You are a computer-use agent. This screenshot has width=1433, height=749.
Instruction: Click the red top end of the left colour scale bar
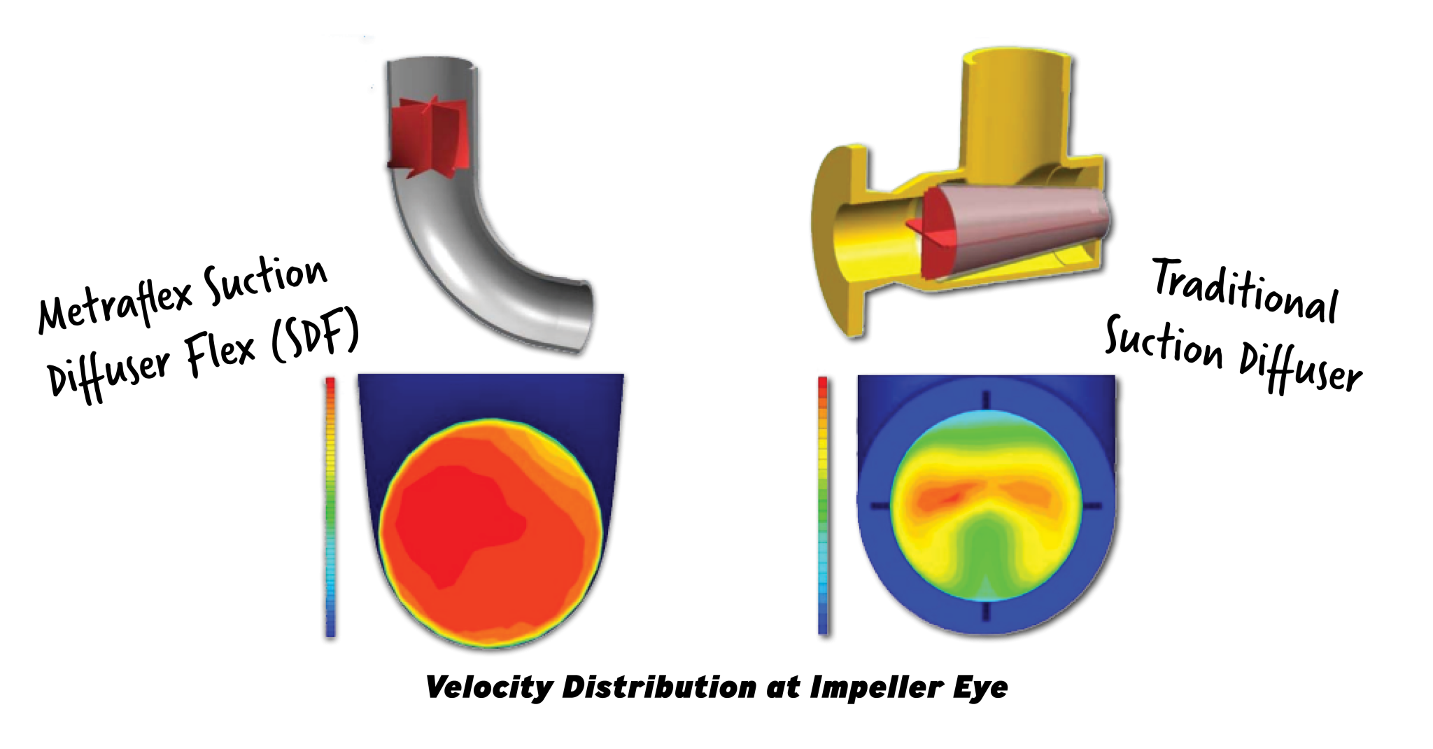tap(330, 381)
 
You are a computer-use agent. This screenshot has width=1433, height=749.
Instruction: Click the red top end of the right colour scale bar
tap(823, 382)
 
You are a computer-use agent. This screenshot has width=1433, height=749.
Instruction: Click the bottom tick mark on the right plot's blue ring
tap(987, 612)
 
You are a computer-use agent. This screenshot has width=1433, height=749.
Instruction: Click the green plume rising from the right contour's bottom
tap(987, 553)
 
